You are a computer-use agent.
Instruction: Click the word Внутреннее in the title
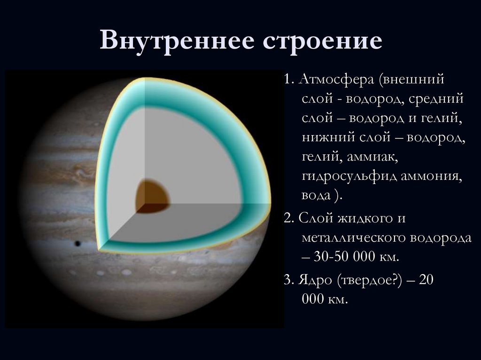click(177, 40)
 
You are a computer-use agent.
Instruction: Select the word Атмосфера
click(336, 80)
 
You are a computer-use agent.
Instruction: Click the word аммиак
click(372, 157)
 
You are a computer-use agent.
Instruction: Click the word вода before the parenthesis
click(316, 195)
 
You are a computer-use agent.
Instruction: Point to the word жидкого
click(363, 219)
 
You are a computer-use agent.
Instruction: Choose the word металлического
click(354, 238)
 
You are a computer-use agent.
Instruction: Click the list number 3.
click(289, 280)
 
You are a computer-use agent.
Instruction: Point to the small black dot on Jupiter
click(78, 244)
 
